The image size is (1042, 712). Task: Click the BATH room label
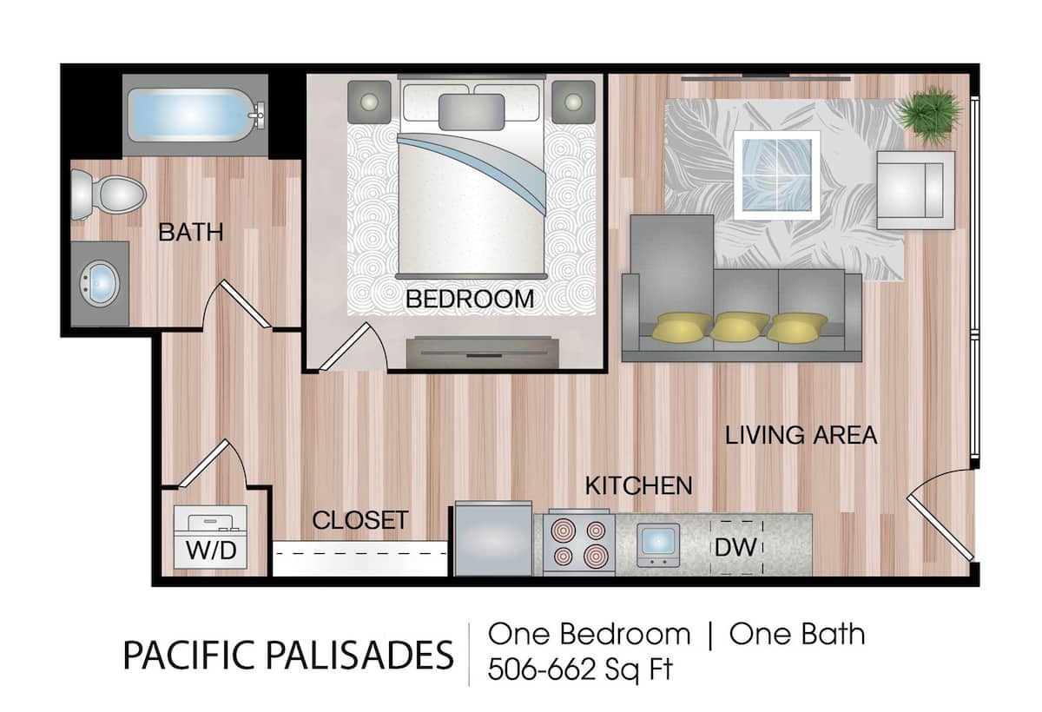(191, 233)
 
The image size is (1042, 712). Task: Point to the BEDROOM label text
(470, 300)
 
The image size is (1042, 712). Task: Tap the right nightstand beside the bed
(572, 102)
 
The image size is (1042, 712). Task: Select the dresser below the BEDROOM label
(479, 352)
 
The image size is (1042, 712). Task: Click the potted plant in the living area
(930, 114)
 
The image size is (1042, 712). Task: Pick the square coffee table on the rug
(777, 175)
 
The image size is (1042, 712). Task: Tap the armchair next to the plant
(915, 189)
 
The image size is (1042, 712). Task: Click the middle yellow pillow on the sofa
(740, 326)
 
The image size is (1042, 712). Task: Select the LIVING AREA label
(801, 435)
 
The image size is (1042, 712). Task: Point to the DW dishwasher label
(736, 547)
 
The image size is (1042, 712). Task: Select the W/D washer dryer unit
(211, 537)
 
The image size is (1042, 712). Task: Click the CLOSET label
(359, 520)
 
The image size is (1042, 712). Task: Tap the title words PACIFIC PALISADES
(287, 656)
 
